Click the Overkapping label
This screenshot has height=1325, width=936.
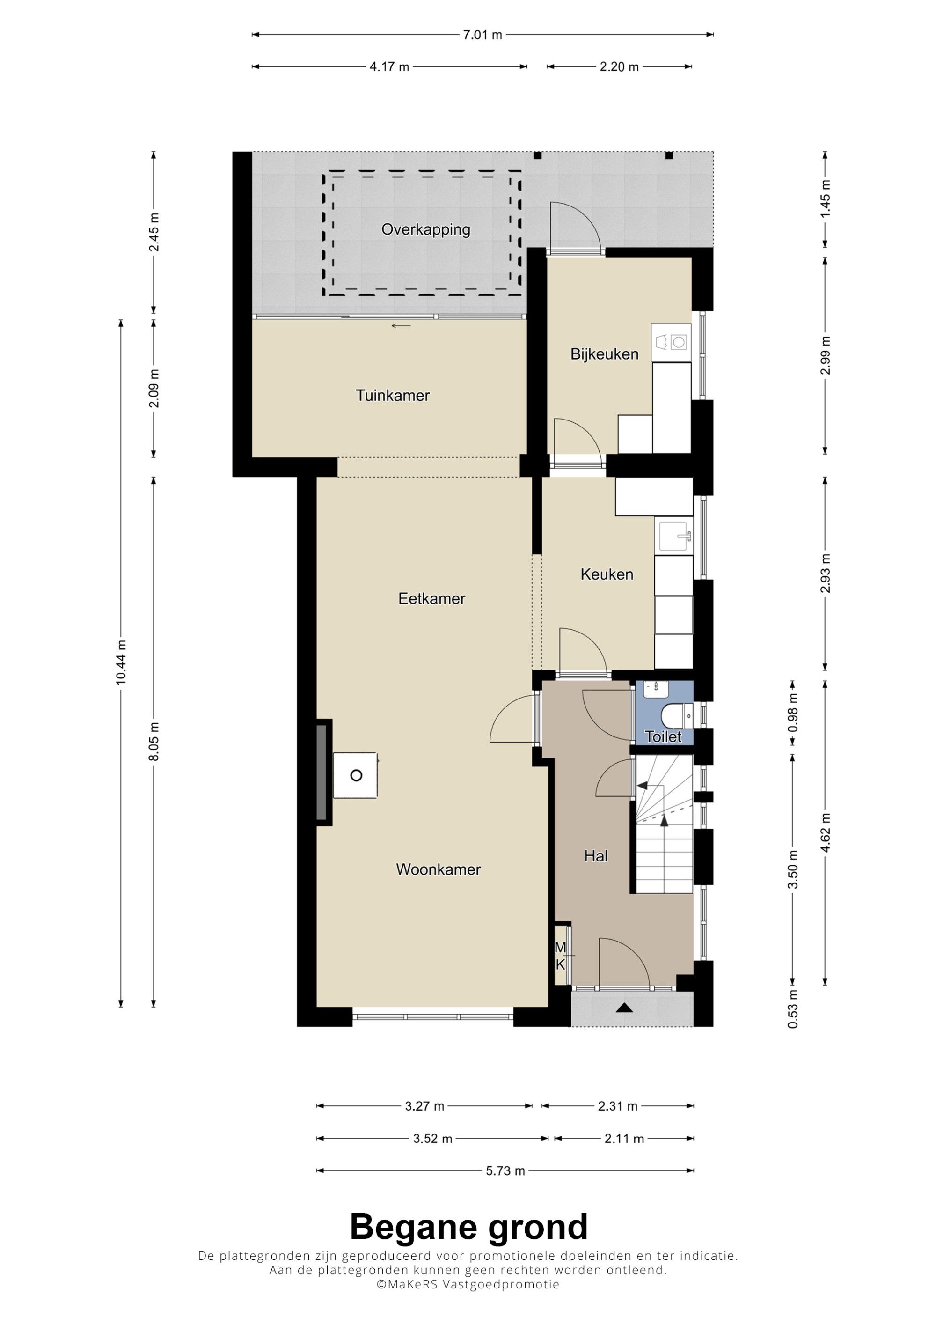click(x=425, y=230)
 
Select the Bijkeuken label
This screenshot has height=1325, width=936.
click(x=604, y=354)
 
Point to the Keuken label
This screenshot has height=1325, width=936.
click(x=607, y=574)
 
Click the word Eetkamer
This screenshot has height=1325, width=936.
click(x=431, y=598)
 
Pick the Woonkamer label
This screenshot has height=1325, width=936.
click(x=439, y=869)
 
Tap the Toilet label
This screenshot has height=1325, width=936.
click(x=663, y=737)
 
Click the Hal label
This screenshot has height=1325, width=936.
click(x=596, y=856)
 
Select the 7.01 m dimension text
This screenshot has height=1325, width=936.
click(x=483, y=35)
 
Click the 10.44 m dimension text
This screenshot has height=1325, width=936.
click(x=121, y=662)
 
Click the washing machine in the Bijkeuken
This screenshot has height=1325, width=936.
click(x=671, y=342)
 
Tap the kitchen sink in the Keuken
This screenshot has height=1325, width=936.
click(x=673, y=536)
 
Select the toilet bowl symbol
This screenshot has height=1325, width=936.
click(x=678, y=717)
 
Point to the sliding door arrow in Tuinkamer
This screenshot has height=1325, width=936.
click(x=401, y=326)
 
